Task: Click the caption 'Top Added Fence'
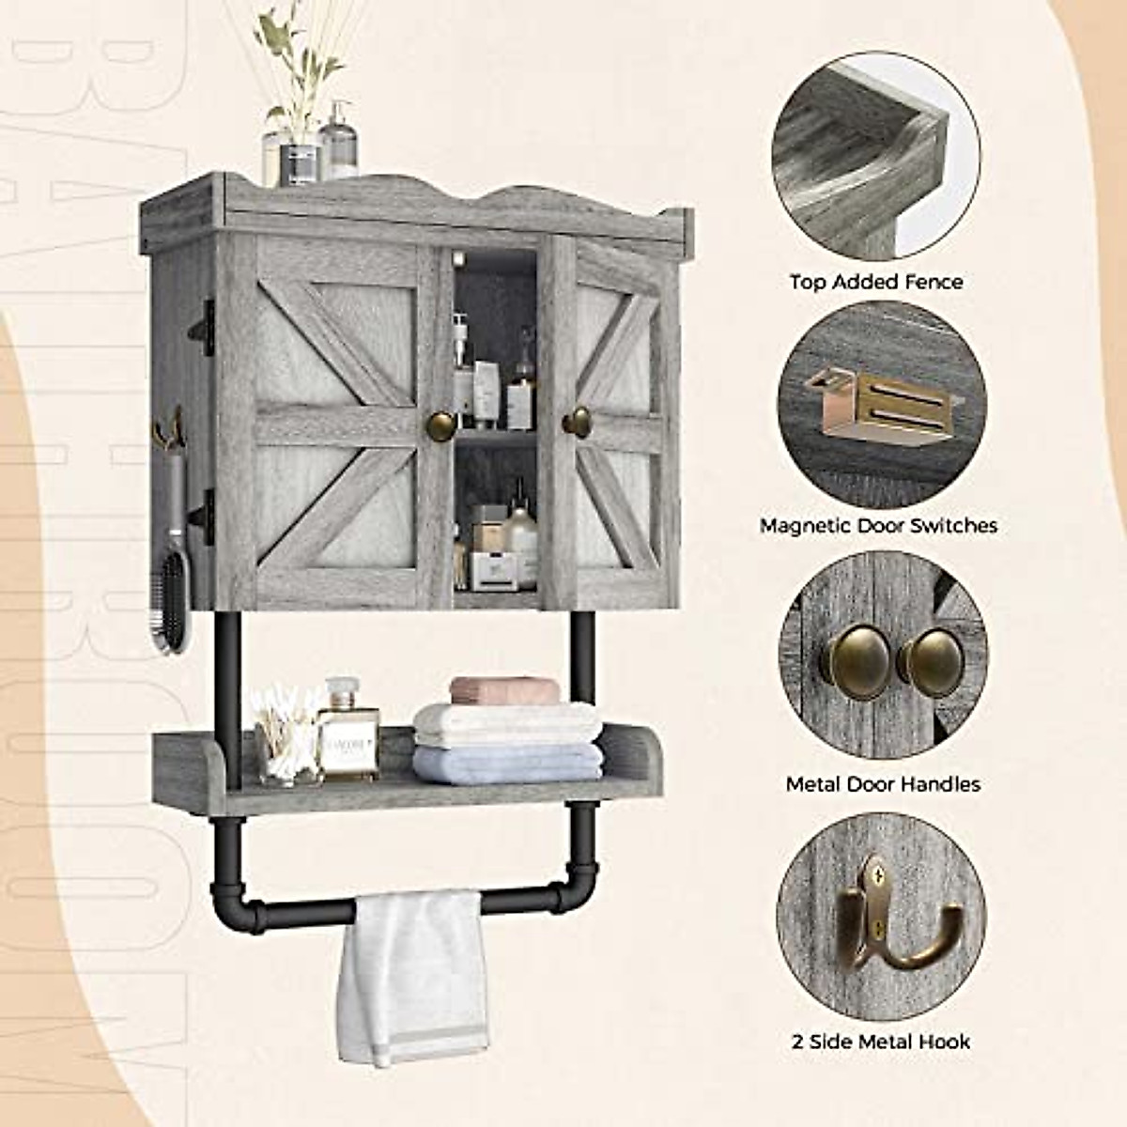tap(876, 281)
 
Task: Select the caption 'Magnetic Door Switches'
tap(879, 525)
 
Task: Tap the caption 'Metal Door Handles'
tap(883, 783)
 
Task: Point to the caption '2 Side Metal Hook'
tap(881, 1041)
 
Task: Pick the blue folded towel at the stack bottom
tap(507, 762)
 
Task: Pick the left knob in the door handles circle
tap(843, 656)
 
